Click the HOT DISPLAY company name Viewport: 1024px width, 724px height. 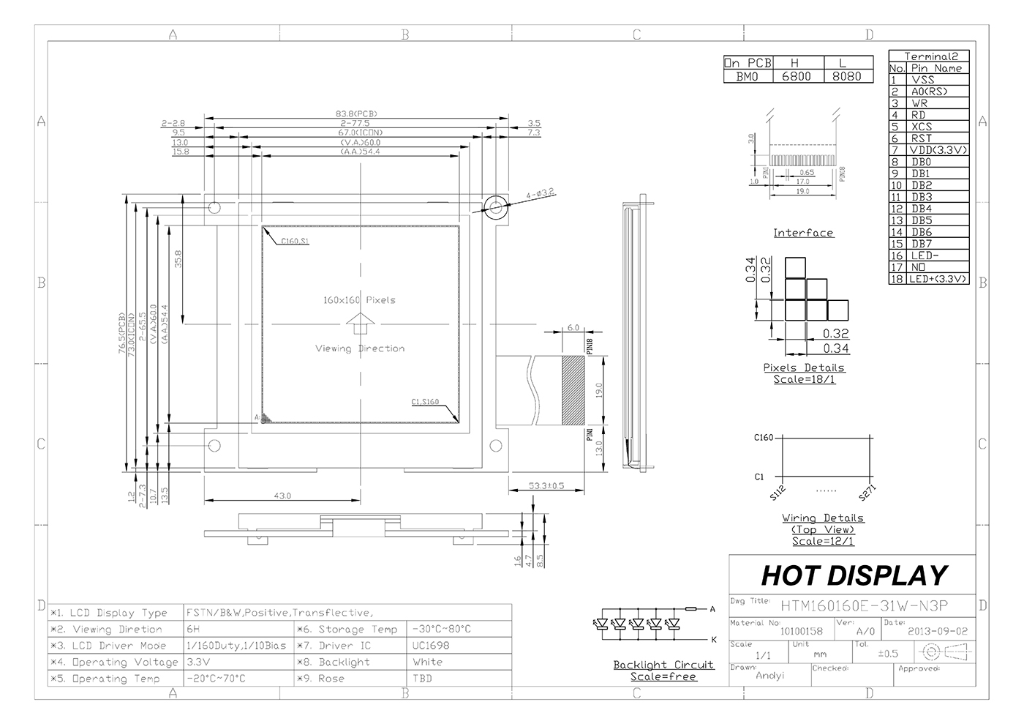click(854, 575)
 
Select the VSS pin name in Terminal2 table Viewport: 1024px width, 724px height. click(922, 80)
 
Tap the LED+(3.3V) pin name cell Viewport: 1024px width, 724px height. click(938, 279)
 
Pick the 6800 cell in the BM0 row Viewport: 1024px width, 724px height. click(797, 76)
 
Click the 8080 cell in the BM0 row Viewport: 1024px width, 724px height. click(848, 76)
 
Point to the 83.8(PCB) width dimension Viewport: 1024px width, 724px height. click(356, 114)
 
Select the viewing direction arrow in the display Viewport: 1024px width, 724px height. click(360, 324)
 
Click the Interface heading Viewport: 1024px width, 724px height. click(803, 233)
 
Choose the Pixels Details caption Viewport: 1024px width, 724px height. click(804, 367)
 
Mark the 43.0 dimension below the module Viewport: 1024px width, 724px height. click(282, 496)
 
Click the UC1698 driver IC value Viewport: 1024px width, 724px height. click(431, 646)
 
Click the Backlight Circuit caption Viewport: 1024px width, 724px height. click(663, 665)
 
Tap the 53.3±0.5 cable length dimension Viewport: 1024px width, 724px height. click(546, 485)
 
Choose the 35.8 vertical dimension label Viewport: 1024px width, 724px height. click(178, 260)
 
